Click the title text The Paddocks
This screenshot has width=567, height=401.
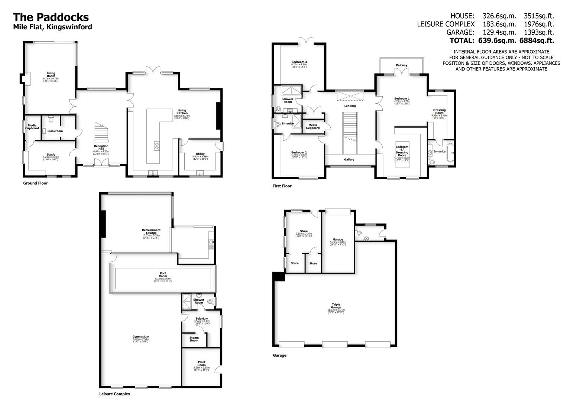coord(51,17)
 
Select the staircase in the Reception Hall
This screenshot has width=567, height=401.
coord(101,131)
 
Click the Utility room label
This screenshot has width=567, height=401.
coord(200,154)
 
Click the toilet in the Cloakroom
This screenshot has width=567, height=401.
coord(51,119)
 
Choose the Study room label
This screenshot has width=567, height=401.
coord(51,154)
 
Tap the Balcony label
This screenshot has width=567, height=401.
coord(401,65)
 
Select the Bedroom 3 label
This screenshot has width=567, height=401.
coord(299,62)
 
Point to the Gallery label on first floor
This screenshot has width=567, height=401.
coord(349,160)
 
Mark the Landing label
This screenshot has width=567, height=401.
coord(350,106)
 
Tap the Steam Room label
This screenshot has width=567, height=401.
coord(194,339)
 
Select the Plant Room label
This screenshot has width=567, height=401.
coord(201,363)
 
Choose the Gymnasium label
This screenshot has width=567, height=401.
coord(141,337)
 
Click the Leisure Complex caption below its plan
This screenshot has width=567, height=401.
coord(114,394)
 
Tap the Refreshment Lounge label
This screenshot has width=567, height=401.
coord(151,232)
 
